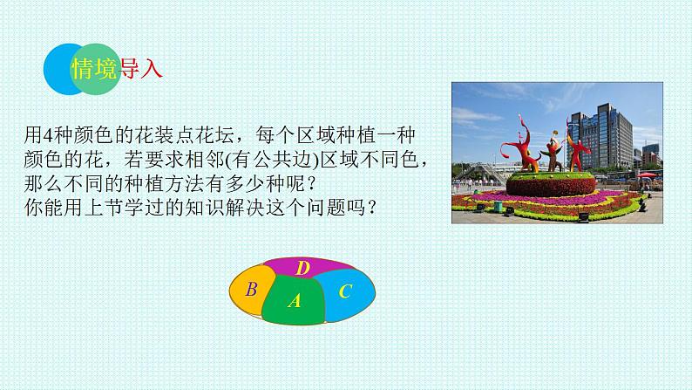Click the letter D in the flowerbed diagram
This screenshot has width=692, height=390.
click(x=302, y=268)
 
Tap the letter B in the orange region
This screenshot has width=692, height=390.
click(x=252, y=290)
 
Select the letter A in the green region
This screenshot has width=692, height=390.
click(x=295, y=301)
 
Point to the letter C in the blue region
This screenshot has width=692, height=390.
click(x=345, y=291)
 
